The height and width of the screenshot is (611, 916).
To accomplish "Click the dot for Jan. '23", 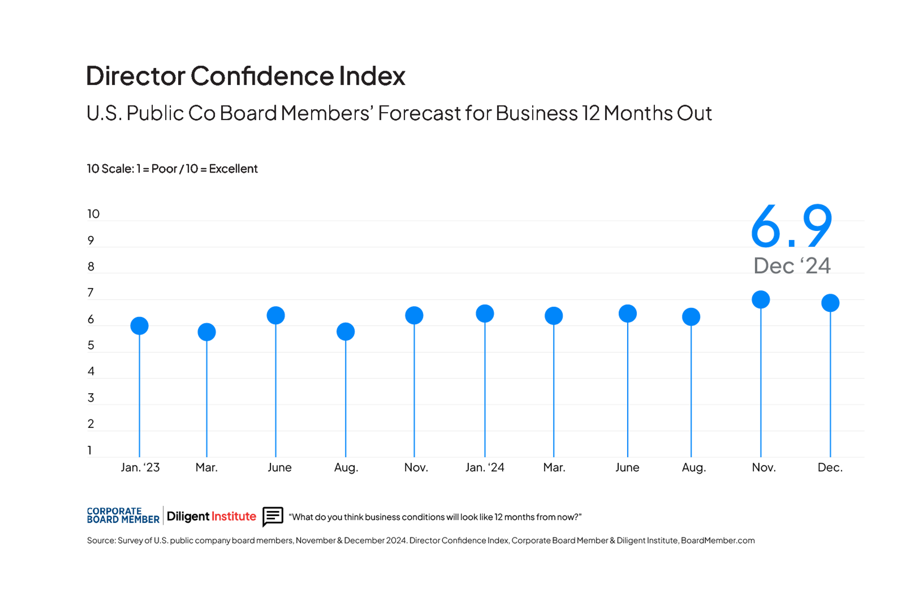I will tap(139, 326).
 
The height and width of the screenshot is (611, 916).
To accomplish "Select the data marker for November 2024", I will tap(761, 300).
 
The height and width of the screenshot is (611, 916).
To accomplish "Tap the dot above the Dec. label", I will tap(830, 303).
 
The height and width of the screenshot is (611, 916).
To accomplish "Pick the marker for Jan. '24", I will tap(485, 314).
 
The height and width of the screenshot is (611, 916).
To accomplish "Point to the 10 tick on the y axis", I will tap(94, 214).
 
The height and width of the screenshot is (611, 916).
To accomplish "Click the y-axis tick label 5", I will tap(91, 345).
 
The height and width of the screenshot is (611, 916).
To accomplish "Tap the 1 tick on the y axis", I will tap(90, 450).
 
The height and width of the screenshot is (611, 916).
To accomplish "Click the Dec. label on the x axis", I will tap(830, 467).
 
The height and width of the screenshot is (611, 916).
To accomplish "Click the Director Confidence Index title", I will tap(245, 76).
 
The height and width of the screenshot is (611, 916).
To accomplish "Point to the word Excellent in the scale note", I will tap(233, 169).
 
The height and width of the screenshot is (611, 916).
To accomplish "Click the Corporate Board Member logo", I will tap(123, 516).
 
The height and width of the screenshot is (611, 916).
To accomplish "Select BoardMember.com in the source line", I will tap(717, 540).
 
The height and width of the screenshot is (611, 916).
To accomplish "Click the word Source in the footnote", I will tap(101, 540).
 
